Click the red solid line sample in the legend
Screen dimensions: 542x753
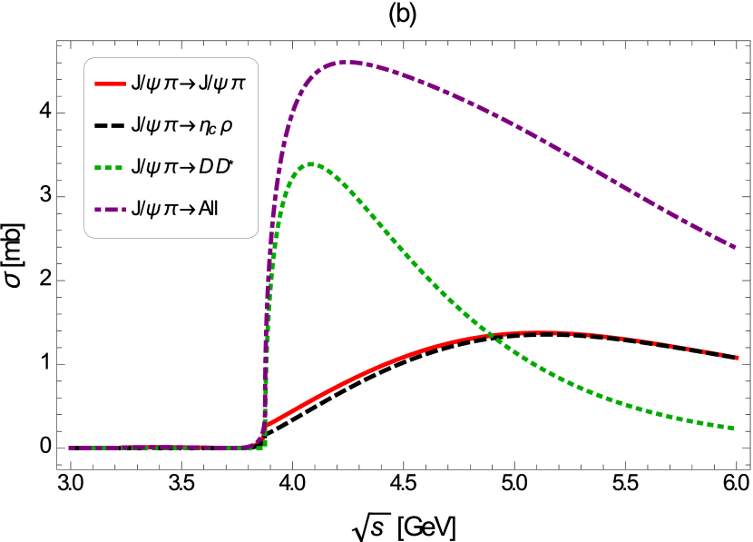(110, 84)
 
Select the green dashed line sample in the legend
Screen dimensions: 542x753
(108, 167)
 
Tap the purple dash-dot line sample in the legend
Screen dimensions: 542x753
(110, 210)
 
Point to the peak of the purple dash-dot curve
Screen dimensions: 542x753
(349, 62)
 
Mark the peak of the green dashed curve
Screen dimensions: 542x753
(311, 163)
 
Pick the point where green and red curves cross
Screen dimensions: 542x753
(490, 335)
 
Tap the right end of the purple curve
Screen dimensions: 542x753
(734, 246)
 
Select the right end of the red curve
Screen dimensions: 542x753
(737, 357)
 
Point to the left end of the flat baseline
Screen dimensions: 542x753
(70, 448)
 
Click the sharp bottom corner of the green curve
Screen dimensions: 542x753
(264, 446)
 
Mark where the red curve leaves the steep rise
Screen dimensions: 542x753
(267, 423)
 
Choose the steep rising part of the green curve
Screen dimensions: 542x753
(273, 245)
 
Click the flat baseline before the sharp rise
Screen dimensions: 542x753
(163, 448)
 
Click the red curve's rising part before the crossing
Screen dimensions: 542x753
(381, 365)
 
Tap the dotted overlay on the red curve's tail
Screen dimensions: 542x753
(653, 343)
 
